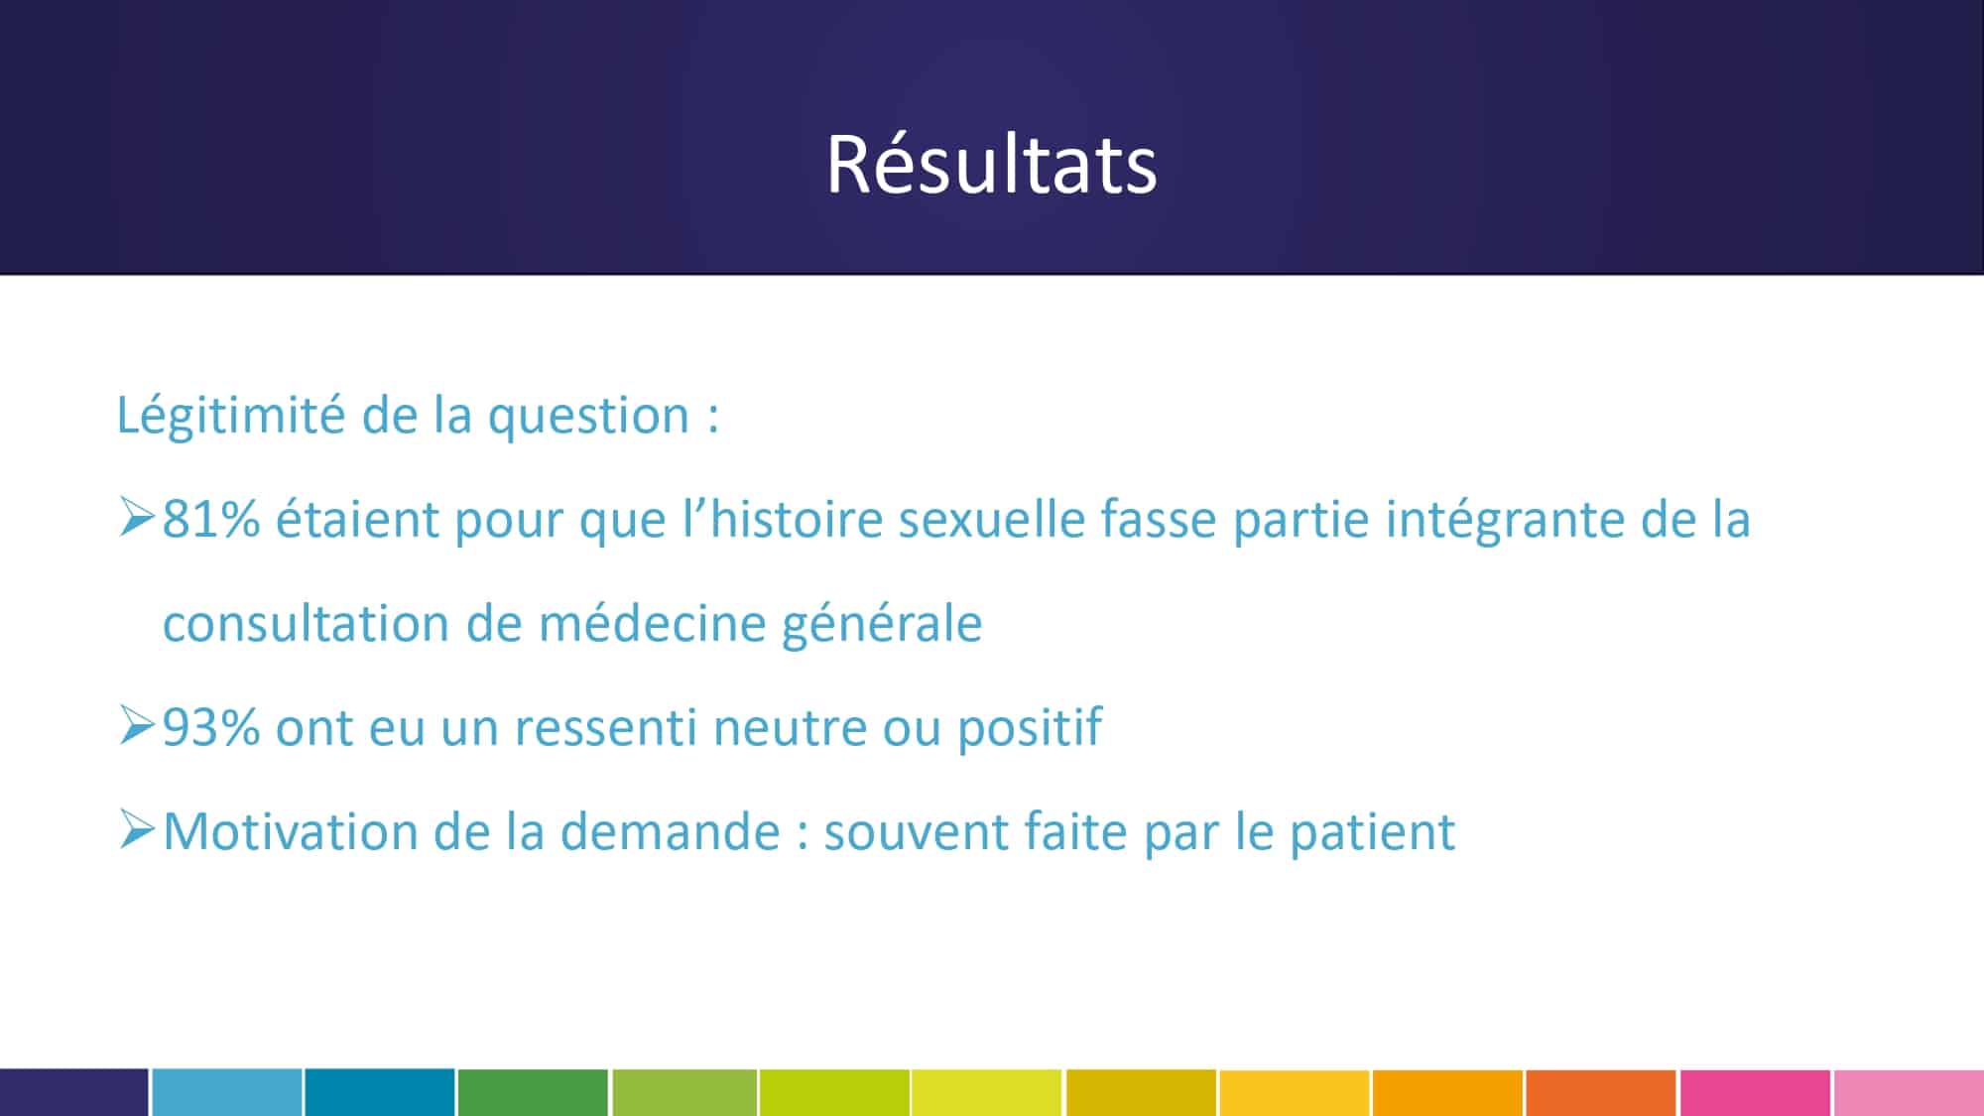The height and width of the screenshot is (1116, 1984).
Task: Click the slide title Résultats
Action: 992,165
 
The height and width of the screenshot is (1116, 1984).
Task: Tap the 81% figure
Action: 211,519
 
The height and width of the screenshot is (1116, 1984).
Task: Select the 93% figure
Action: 211,727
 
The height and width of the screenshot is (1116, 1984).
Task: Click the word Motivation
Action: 291,831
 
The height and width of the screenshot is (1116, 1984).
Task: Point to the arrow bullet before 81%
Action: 137,518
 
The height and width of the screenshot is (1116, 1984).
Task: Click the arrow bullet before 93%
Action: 137,725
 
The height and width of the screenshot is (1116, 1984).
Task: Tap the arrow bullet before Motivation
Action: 137,829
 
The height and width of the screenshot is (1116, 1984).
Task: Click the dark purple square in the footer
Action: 73,1092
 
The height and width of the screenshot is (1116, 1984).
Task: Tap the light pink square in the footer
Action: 1909,1092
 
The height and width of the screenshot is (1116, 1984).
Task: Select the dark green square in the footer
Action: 533,1092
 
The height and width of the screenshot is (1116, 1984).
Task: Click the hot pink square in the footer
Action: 1755,1092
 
